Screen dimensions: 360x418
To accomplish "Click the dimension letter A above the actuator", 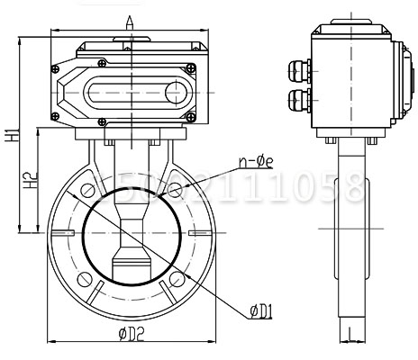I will coord(130,21).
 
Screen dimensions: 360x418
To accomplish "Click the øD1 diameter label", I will coord(264,311).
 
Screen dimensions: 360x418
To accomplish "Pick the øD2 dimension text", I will coord(133,336).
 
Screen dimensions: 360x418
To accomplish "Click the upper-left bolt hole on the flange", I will coord(87,191).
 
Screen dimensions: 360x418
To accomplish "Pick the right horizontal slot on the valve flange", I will coord(195,235).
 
